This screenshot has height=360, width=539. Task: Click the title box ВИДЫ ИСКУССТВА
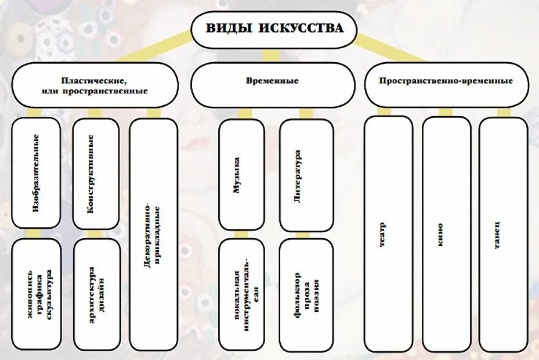273,28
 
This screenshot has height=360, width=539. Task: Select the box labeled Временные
273,81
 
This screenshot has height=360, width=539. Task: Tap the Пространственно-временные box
446,81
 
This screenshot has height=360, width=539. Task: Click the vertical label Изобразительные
36,172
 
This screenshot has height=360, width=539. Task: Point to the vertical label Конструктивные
91,174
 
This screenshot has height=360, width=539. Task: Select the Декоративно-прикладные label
153,235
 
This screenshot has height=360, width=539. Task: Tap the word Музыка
237,176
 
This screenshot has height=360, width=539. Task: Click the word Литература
297,176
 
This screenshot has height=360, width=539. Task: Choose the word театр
383,235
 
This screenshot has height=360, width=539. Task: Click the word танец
498,235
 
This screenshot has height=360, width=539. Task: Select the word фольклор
296,294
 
